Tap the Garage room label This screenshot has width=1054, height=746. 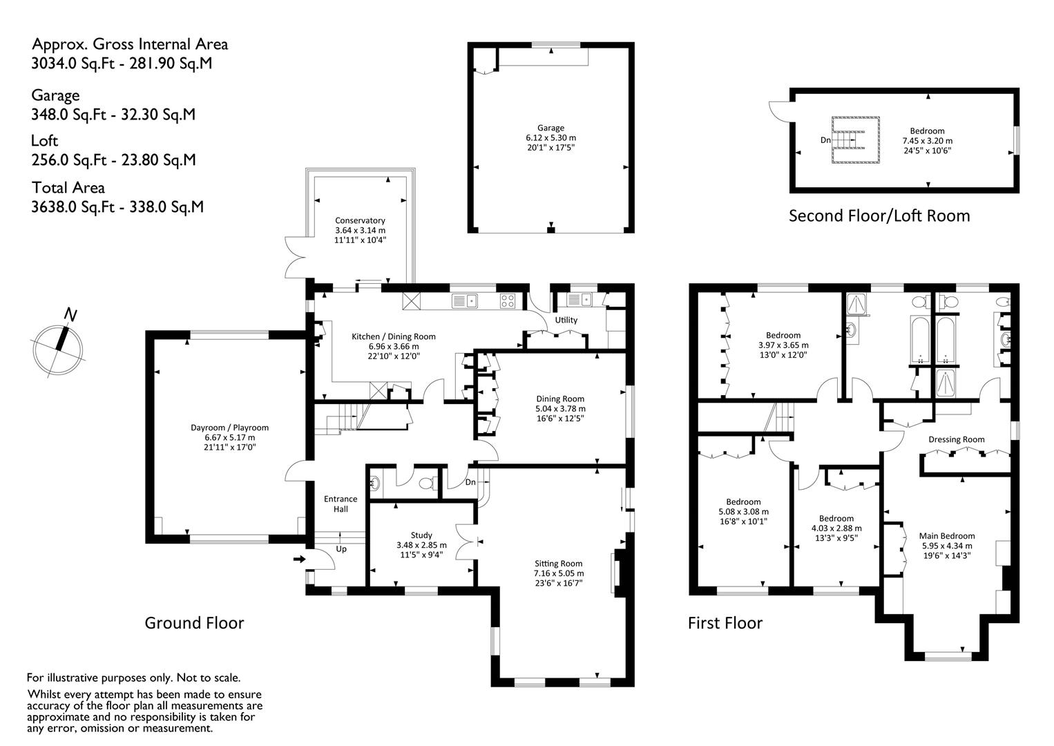pyautogui.click(x=550, y=128)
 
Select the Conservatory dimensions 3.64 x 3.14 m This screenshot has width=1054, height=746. pyautogui.click(x=360, y=230)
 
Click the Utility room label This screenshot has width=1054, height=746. pyautogui.click(x=566, y=320)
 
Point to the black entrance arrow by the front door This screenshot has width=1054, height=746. pyautogui.click(x=299, y=559)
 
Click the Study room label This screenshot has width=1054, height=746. pyautogui.click(x=421, y=535)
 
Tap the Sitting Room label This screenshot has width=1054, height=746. pyautogui.click(x=558, y=564)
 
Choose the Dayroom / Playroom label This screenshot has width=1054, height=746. pyautogui.click(x=229, y=428)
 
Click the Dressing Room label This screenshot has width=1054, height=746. pyautogui.click(x=956, y=439)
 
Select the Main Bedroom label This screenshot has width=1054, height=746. pyautogui.click(x=947, y=536)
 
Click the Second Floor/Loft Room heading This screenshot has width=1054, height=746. pyautogui.click(x=879, y=216)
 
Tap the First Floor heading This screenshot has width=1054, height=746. pyautogui.click(x=725, y=623)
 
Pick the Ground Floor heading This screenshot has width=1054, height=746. pyautogui.click(x=194, y=623)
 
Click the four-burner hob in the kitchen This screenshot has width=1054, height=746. pyautogui.click(x=508, y=300)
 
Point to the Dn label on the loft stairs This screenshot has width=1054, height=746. pyautogui.click(x=825, y=140)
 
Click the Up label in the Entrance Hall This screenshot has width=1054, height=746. pyautogui.click(x=341, y=549)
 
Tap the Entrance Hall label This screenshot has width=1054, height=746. pyautogui.click(x=341, y=504)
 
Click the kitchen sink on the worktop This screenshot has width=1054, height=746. pyautogui.click(x=464, y=300)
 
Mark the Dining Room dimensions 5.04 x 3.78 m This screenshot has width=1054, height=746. pyautogui.click(x=560, y=408)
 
